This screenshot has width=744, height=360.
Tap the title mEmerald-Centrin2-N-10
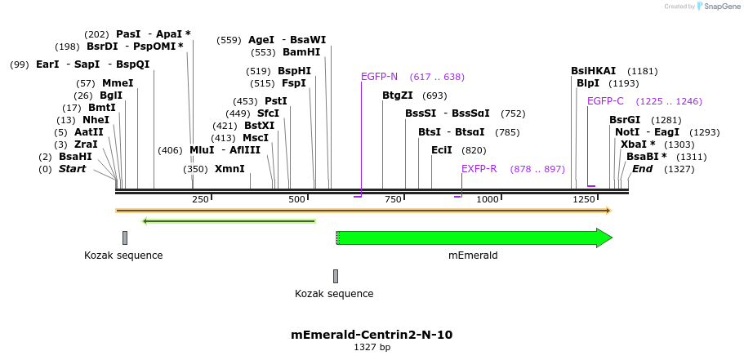(x=372, y=335)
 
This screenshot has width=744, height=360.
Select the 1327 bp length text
(x=372, y=348)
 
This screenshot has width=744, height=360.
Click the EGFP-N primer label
(x=379, y=77)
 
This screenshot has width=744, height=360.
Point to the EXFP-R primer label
(x=479, y=169)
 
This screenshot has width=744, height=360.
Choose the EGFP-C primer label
(x=605, y=101)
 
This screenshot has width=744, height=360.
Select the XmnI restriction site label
(x=229, y=169)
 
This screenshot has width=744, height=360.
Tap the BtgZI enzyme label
(x=398, y=96)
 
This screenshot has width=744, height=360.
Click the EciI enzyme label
(x=442, y=150)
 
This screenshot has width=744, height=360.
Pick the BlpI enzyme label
(x=588, y=83)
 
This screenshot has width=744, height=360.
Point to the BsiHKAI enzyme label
(x=594, y=71)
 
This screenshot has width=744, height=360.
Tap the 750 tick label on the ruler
(x=393, y=199)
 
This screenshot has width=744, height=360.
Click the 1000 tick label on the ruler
(x=488, y=199)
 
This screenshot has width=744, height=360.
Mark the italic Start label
(x=72, y=169)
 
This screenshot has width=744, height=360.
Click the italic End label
(x=643, y=169)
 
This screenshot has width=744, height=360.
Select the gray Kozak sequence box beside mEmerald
(x=336, y=276)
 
